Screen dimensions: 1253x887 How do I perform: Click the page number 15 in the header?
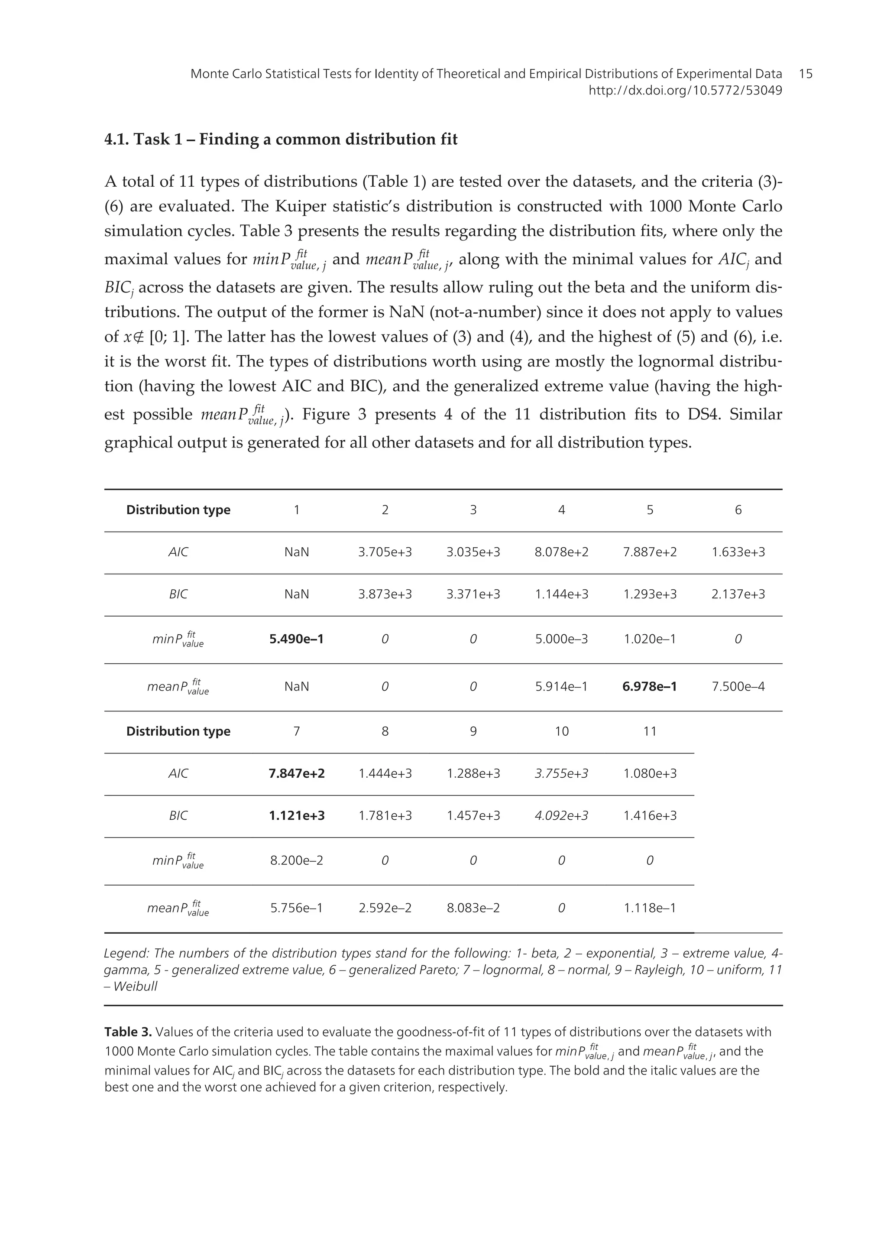(x=805, y=74)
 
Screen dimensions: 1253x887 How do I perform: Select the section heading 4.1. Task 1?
(x=281, y=140)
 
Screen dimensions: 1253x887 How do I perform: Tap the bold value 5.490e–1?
(x=297, y=639)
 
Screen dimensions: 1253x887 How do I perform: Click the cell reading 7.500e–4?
(x=738, y=686)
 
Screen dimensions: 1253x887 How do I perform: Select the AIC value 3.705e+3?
(x=385, y=552)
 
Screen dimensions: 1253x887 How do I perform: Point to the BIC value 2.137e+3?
(x=738, y=594)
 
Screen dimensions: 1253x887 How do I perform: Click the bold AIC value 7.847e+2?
(x=297, y=773)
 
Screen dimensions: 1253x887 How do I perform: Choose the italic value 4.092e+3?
(x=561, y=815)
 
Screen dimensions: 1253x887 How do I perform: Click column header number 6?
(x=738, y=510)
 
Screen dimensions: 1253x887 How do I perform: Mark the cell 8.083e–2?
(x=473, y=908)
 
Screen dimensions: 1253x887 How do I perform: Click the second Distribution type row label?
(x=178, y=731)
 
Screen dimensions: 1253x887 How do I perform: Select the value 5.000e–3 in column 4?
(x=561, y=639)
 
